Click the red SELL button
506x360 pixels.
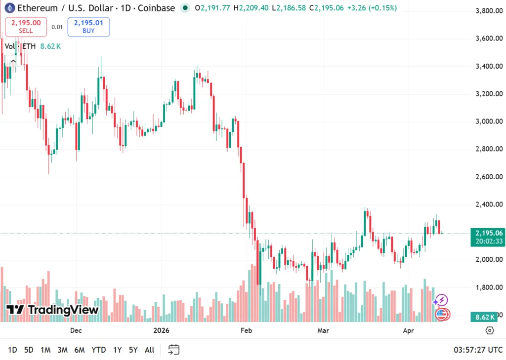tap(26, 27)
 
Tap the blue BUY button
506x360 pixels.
tap(88, 27)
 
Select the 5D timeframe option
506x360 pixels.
tap(29, 350)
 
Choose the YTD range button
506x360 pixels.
tap(98, 350)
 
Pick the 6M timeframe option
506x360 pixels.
tap(79, 350)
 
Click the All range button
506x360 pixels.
tap(149, 350)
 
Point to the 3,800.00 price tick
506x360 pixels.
tap(489, 11)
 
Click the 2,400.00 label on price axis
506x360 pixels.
tap(489, 204)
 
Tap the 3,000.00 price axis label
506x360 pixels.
tap(489, 121)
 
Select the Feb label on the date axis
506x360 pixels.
tap(246, 330)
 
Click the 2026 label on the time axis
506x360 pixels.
tap(161, 330)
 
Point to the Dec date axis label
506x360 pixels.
tap(76, 330)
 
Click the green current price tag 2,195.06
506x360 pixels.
tap(489, 233)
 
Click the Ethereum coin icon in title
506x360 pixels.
tap(9, 8)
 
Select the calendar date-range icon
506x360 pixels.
tap(173, 350)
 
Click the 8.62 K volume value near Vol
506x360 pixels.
tap(50, 46)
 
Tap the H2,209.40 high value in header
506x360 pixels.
tap(251, 8)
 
